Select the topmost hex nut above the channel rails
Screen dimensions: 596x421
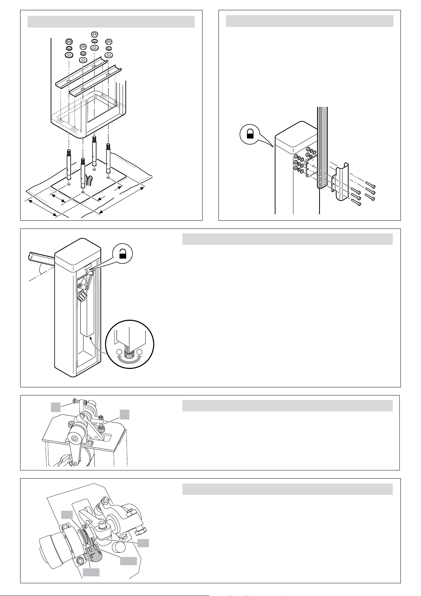(x=94, y=34)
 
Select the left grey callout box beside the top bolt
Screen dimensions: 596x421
(x=55, y=407)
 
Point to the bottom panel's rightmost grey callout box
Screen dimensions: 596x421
(x=143, y=543)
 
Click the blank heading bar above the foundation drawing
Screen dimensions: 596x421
(x=111, y=22)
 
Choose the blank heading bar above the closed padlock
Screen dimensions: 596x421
(x=309, y=21)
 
